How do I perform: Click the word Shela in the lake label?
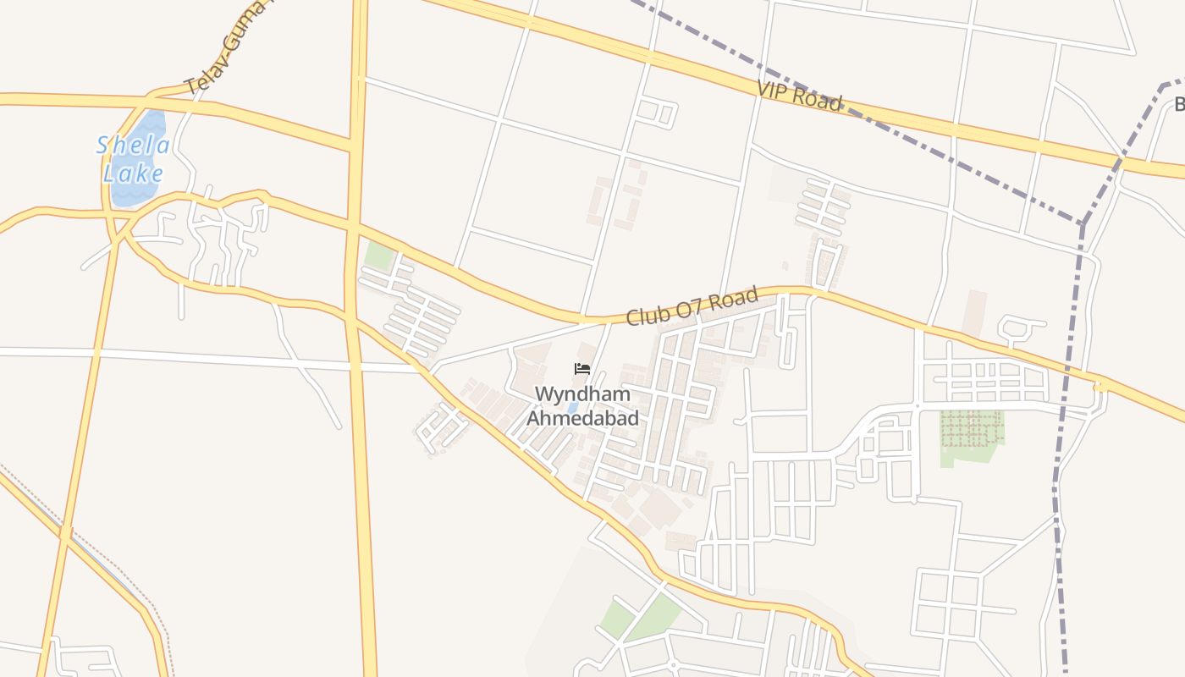click(133, 146)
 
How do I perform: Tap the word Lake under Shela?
click(133, 174)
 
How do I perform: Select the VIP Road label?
click(800, 96)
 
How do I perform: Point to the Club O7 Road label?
click(692, 307)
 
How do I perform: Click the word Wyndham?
click(582, 394)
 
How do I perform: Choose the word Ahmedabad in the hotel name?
click(582, 418)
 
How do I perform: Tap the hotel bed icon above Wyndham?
click(581, 369)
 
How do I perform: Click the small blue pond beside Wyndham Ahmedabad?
click(573, 408)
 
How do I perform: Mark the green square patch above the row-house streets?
click(379, 256)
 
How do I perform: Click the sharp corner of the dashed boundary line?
click(1083, 224)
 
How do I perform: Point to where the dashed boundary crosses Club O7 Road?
click(1068, 369)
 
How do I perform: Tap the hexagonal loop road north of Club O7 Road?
click(1022, 328)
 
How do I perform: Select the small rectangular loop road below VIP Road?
click(657, 113)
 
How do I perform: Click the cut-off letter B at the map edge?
click(1178, 105)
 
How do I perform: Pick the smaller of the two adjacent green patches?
click(617, 619)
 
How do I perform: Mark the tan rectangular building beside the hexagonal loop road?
click(975, 314)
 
